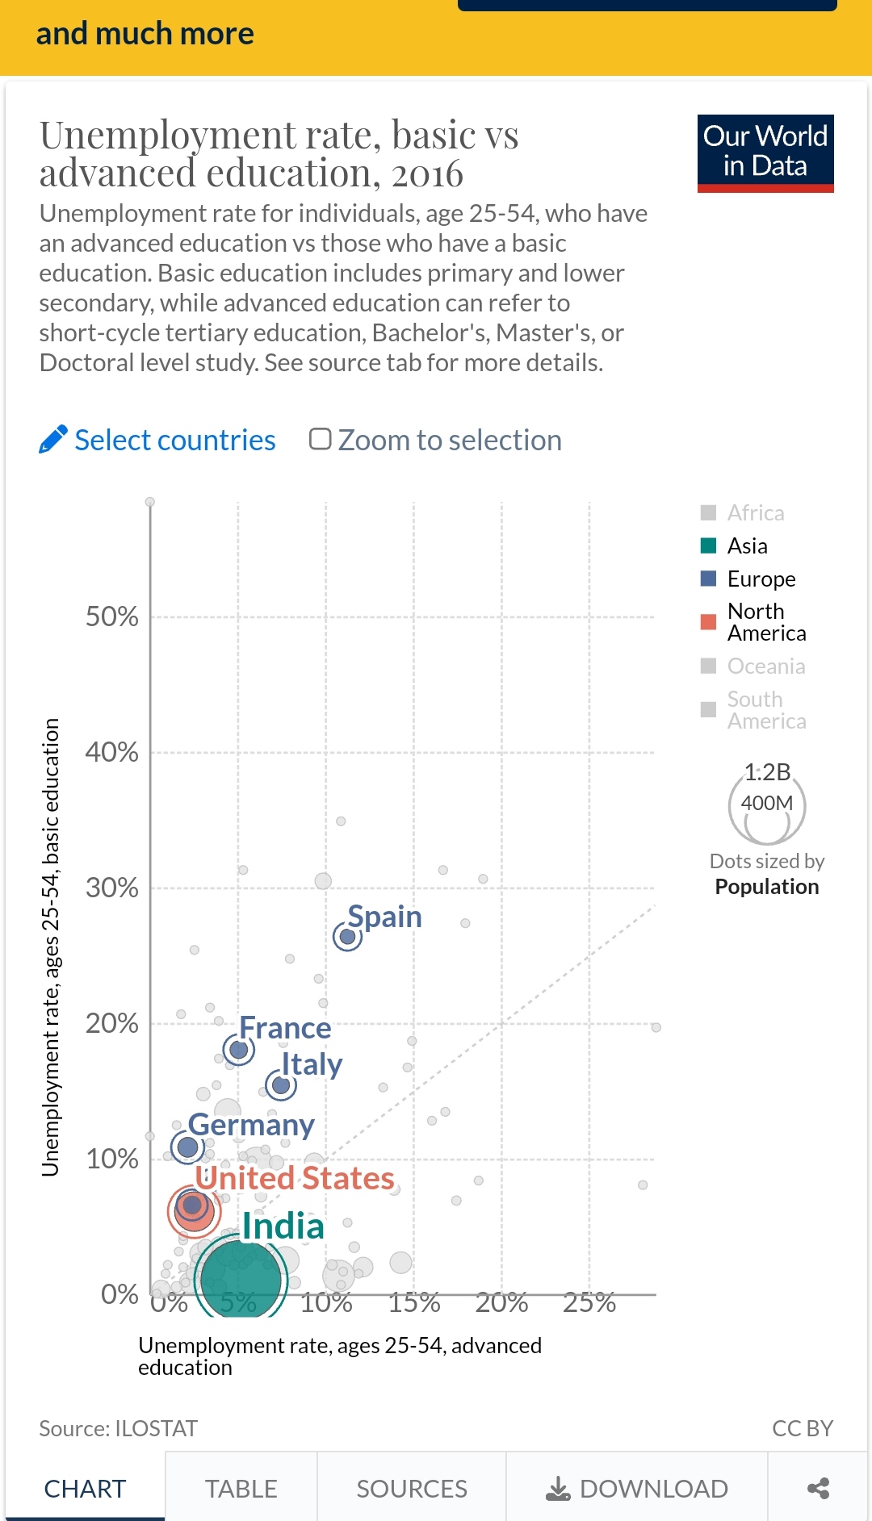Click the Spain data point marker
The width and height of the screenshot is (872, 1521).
(x=347, y=937)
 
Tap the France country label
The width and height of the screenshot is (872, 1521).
(x=285, y=1028)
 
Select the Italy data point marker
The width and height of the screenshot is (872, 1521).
(x=281, y=1085)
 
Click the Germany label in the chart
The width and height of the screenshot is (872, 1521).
(x=251, y=1125)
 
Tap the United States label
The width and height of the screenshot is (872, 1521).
(x=295, y=1178)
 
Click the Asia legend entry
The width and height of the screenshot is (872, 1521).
(x=747, y=546)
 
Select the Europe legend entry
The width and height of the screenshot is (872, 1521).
(x=761, y=579)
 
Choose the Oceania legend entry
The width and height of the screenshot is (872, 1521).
(x=765, y=666)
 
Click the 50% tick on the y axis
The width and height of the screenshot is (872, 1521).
(x=111, y=617)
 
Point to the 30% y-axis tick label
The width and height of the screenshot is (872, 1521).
(x=111, y=888)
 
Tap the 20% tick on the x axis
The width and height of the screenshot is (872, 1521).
(x=501, y=1302)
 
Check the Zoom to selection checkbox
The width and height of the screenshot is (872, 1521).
(x=321, y=439)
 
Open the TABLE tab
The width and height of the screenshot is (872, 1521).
(x=241, y=1488)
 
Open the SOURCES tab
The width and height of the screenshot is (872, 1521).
(x=412, y=1488)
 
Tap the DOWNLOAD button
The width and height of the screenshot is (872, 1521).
(x=637, y=1488)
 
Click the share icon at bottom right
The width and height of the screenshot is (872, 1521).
(x=818, y=1488)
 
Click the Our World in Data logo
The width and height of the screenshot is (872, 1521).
(x=765, y=153)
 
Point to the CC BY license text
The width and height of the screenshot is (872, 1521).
(x=802, y=1428)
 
